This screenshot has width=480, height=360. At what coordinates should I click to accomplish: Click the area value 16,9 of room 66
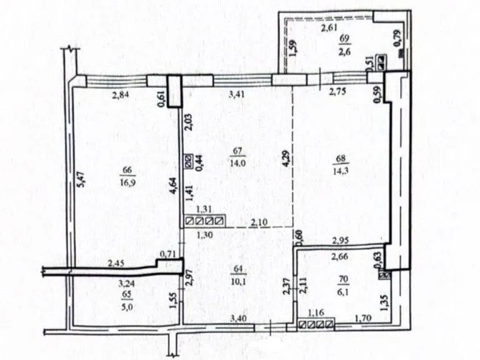pyautogui.click(x=128, y=183)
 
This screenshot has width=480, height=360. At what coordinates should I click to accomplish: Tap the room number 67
pyautogui.click(x=238, y=151)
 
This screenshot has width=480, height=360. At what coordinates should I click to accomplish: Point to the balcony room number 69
pyautogui.click(x=345, y=39)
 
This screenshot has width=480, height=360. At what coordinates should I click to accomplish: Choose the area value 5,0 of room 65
pyautogui.click(x=127, y=307)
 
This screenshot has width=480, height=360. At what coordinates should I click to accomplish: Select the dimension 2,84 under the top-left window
pyautogui.click(x=120, y=96)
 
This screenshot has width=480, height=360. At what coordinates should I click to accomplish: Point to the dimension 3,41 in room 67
pyautogui.click(x=236, y=94)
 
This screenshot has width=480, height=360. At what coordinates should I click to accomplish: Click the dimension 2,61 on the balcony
pyautogui.click(x=329, y=28)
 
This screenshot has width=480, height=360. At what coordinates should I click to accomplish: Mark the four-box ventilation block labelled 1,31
pyautogui.click(x=205, y=221)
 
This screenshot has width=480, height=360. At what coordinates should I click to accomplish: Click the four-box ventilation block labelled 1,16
pyautogui.click(x=316, y=324)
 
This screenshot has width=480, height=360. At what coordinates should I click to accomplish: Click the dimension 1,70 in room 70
pyautogui.click(x=363, y=319)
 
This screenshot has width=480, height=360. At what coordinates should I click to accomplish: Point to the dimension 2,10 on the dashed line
pyautogui.click(x=259, y=223)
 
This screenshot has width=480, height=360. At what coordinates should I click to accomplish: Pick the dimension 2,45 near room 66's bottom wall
pyautogui.click(x=116, y=264)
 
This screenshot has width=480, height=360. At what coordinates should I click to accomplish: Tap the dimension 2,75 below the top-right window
pyautogui.click(x=338, y=92)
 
